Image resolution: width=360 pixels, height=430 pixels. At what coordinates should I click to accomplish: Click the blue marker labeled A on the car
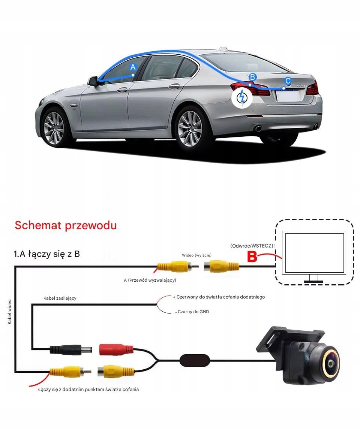(x=132, y=67)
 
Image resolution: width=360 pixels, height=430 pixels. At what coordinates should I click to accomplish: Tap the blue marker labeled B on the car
(x=252, y=77)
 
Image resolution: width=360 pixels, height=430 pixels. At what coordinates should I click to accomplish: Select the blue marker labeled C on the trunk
(x=288, y=81)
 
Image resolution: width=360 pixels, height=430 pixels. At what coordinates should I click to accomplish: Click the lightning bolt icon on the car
(x=242, y=98)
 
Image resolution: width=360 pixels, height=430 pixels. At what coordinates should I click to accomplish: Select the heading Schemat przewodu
(x=66, y=225)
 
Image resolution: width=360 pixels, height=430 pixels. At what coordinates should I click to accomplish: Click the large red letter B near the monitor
(x=253, y=257)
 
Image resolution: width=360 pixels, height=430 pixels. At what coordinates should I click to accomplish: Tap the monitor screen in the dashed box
(x=314, y=253)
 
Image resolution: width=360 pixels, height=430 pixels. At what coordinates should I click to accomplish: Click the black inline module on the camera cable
(x=195, y=360)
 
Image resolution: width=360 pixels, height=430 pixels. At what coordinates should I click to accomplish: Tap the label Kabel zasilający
(x=60, y=298)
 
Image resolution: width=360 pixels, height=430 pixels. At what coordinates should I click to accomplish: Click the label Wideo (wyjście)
(x=196, y=255)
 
